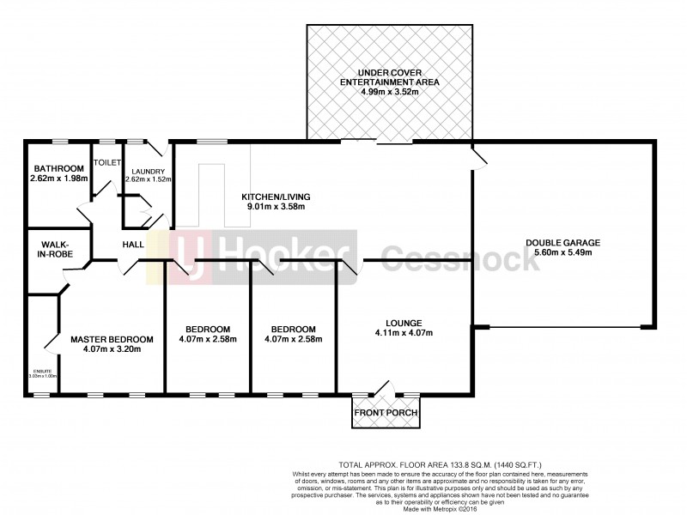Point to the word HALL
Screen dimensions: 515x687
[x=133, y=245]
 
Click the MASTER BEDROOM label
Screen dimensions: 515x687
[x=112, y=339]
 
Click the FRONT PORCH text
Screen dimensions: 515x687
[x=386, y=414]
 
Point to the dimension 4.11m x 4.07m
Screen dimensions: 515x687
[x=403, y=333]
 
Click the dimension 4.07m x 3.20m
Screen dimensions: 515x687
[x=112, y=350]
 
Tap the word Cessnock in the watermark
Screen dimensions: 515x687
[x=460, y=257]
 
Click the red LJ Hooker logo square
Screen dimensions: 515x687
[x=189, y=256]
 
